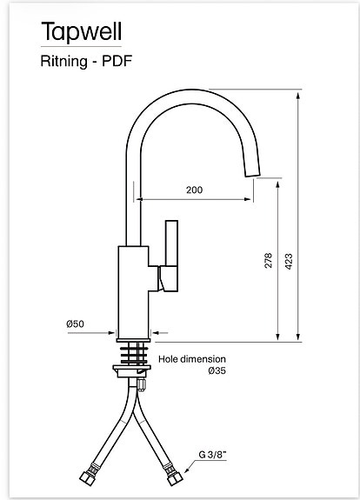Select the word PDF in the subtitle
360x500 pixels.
118,61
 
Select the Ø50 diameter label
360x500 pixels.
75,324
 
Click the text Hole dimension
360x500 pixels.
191,358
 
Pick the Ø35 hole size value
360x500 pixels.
217,371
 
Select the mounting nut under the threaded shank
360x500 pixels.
134,372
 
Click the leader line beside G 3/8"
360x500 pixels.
193,459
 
